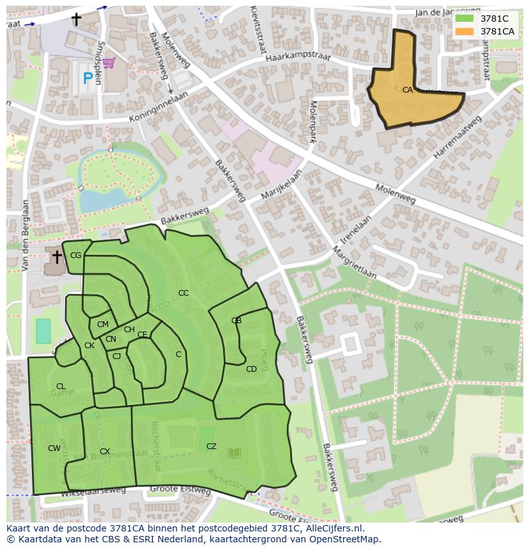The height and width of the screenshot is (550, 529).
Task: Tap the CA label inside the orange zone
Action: [408, 90]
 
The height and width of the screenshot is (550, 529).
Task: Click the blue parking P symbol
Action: [88, 79]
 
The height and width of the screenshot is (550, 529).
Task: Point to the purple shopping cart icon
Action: [109, 62]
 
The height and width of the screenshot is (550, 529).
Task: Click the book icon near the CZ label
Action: [234, 454]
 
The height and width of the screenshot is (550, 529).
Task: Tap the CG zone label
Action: [75, 256]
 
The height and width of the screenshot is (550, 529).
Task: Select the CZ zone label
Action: [211, 447]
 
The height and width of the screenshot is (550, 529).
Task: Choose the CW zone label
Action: [54, 448]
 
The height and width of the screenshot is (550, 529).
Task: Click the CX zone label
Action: [105, 452]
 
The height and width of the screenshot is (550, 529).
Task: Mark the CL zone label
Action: [61, 386]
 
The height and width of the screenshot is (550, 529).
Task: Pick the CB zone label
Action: [236, 321]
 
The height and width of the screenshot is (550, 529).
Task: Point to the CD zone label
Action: [251, 369]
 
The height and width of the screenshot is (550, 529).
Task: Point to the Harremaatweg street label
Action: [457, 137]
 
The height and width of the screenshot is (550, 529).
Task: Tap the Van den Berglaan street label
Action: [26, 235]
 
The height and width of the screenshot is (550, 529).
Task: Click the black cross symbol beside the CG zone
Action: [57, 257]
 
